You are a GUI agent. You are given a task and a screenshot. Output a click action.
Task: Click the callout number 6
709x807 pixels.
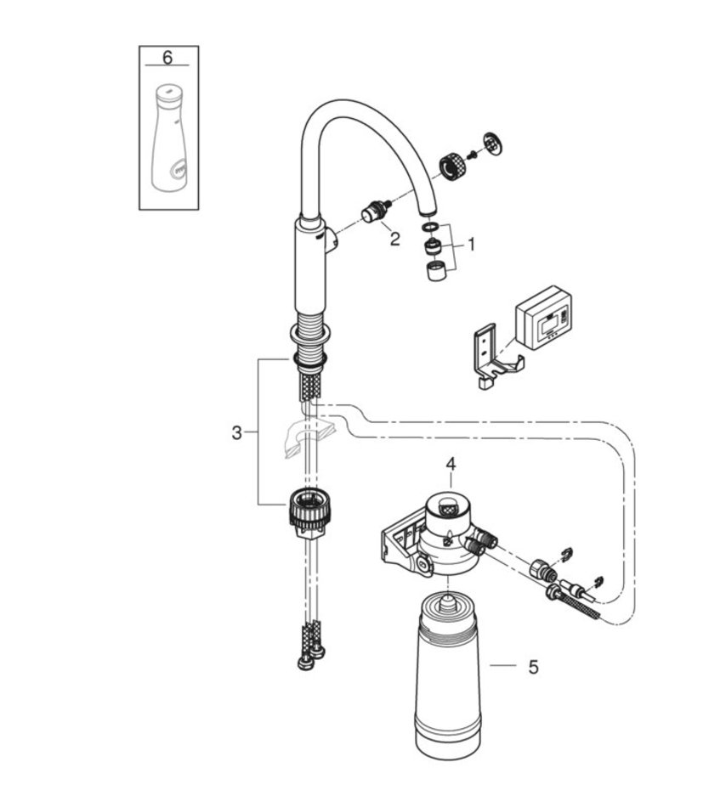[167, 57]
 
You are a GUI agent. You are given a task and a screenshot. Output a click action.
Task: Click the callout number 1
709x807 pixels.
[472, 244]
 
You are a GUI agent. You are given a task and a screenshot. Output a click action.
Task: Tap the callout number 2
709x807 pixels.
[394, 239]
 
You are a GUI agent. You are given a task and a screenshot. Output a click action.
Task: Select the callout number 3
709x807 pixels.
[236, 432]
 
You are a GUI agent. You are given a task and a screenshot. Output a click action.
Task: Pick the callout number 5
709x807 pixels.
[533, 667]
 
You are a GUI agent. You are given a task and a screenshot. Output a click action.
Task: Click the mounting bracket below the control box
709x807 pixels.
[491, 358]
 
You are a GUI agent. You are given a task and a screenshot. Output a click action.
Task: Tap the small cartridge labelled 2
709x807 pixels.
[374, 212]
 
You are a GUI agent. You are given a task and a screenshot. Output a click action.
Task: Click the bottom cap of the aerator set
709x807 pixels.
[436, 272]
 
